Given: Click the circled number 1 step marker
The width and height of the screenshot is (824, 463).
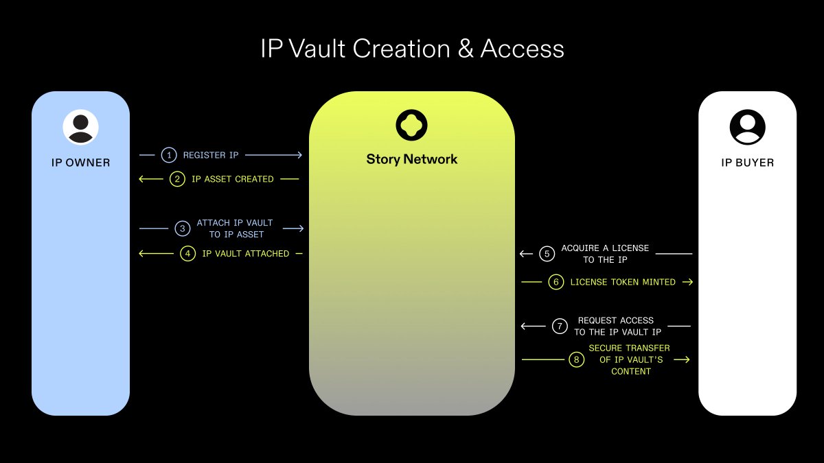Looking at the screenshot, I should click(169, 155).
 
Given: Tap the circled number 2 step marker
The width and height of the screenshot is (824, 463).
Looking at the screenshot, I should click(178, 179).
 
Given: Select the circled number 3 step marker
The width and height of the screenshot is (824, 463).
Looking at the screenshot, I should click(182, 228).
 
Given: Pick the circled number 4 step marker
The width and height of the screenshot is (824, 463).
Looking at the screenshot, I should click(187, 253).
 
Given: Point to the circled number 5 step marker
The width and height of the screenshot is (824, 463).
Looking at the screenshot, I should click(547, 254).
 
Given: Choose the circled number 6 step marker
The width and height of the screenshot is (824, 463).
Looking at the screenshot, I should click(556, 282).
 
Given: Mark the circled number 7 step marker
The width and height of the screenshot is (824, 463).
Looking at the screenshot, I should click(560, 326).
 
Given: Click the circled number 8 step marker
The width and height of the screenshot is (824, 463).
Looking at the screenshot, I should click(575, 359).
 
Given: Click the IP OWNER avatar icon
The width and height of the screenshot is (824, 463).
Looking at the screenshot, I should click(80, 127).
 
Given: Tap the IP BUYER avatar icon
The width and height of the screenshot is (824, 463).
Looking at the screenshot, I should click(747, 127).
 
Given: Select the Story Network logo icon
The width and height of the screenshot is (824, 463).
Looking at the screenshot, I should click(411, 124).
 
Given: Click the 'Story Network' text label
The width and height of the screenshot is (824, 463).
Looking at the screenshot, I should click(411, 159).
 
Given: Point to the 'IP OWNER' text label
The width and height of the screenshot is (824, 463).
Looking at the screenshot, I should click(80, 163).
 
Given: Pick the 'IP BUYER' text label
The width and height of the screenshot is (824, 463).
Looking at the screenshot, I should click(747, 163).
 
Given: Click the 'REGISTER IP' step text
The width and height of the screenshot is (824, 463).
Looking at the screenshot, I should click(211, 155).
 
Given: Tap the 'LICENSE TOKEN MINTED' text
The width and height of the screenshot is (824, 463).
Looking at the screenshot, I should click(623, 282).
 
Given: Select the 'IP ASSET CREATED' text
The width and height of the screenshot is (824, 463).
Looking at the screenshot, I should click(233, 179).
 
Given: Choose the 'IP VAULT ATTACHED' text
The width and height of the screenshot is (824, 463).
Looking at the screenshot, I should click(246, 253).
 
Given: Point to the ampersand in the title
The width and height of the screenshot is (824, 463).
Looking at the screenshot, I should click(466, 49).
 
